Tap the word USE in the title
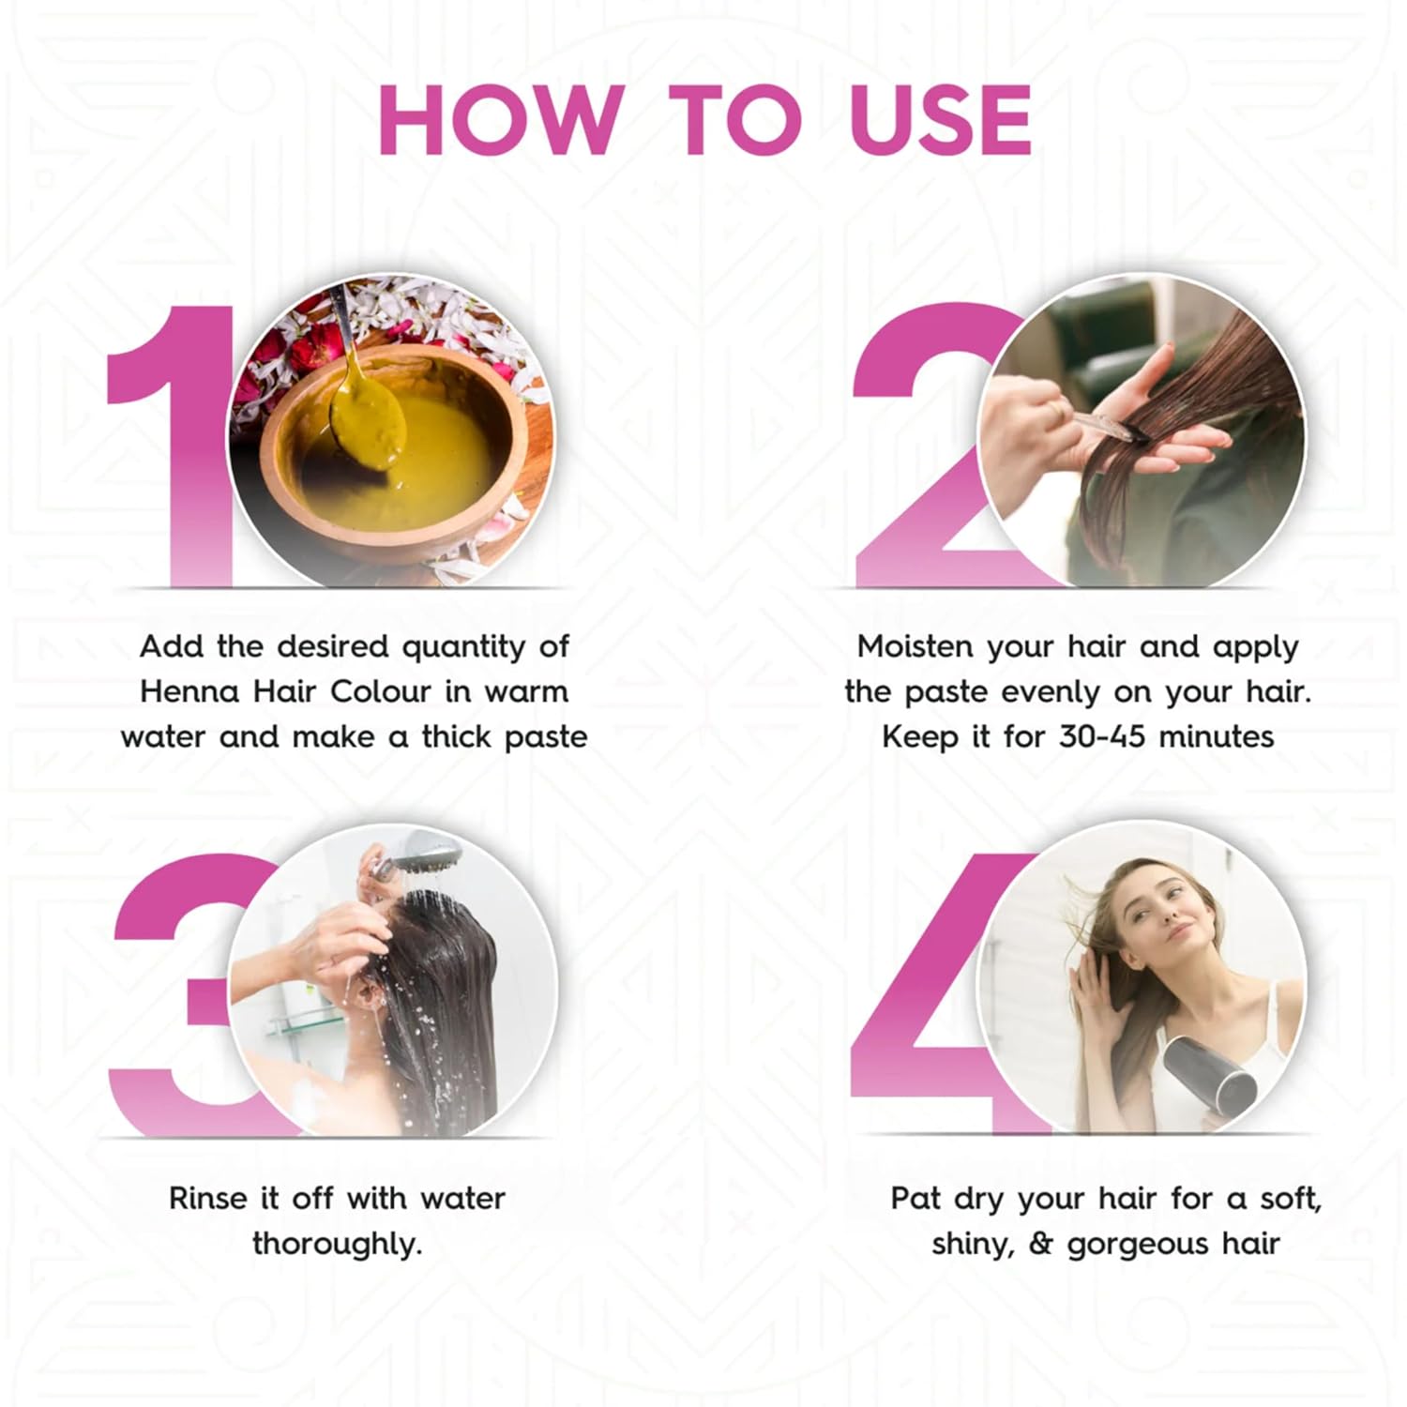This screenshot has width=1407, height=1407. point(940,120)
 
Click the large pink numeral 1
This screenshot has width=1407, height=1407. point(174,446)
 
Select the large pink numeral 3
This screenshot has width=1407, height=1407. point(174,994)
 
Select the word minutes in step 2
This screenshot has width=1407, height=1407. point(1217,736)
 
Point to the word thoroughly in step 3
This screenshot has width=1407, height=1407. point(337,1244)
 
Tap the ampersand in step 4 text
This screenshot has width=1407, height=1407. point(1040,1244)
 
